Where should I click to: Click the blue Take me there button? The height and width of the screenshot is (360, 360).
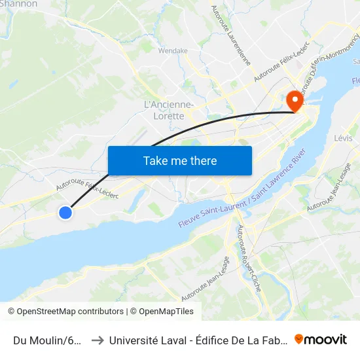coord(180,160)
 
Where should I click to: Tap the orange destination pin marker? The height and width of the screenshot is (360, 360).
coord(296,99)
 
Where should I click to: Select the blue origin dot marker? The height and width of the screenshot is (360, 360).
coord(65,212)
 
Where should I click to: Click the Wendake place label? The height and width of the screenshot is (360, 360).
coord(173,50)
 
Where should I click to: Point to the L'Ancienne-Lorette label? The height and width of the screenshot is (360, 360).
coord(169,110)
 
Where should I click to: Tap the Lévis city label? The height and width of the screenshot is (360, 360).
coord(343,138)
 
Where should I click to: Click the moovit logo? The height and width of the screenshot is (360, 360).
coord(321,339)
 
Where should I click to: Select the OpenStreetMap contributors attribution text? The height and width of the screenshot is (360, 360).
coord(66,312)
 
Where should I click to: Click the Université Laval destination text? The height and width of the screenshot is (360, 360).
coord(197,340)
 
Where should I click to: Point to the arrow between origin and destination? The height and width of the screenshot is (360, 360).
coord(98,340)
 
